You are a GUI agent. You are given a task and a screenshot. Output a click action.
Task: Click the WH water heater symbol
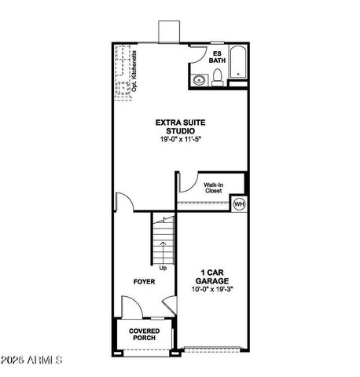coord(239,205)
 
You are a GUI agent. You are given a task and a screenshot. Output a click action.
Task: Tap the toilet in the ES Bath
coord(217,76)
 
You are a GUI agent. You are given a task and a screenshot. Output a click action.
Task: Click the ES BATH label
coord(217,56)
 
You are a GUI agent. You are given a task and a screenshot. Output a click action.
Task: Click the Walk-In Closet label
coord(214,188)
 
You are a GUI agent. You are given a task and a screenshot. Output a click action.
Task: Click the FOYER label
coord(143,280)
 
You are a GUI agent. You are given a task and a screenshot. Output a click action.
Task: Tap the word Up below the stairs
coord(163,268)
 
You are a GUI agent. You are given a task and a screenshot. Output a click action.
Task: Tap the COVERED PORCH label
coord(144,335)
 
